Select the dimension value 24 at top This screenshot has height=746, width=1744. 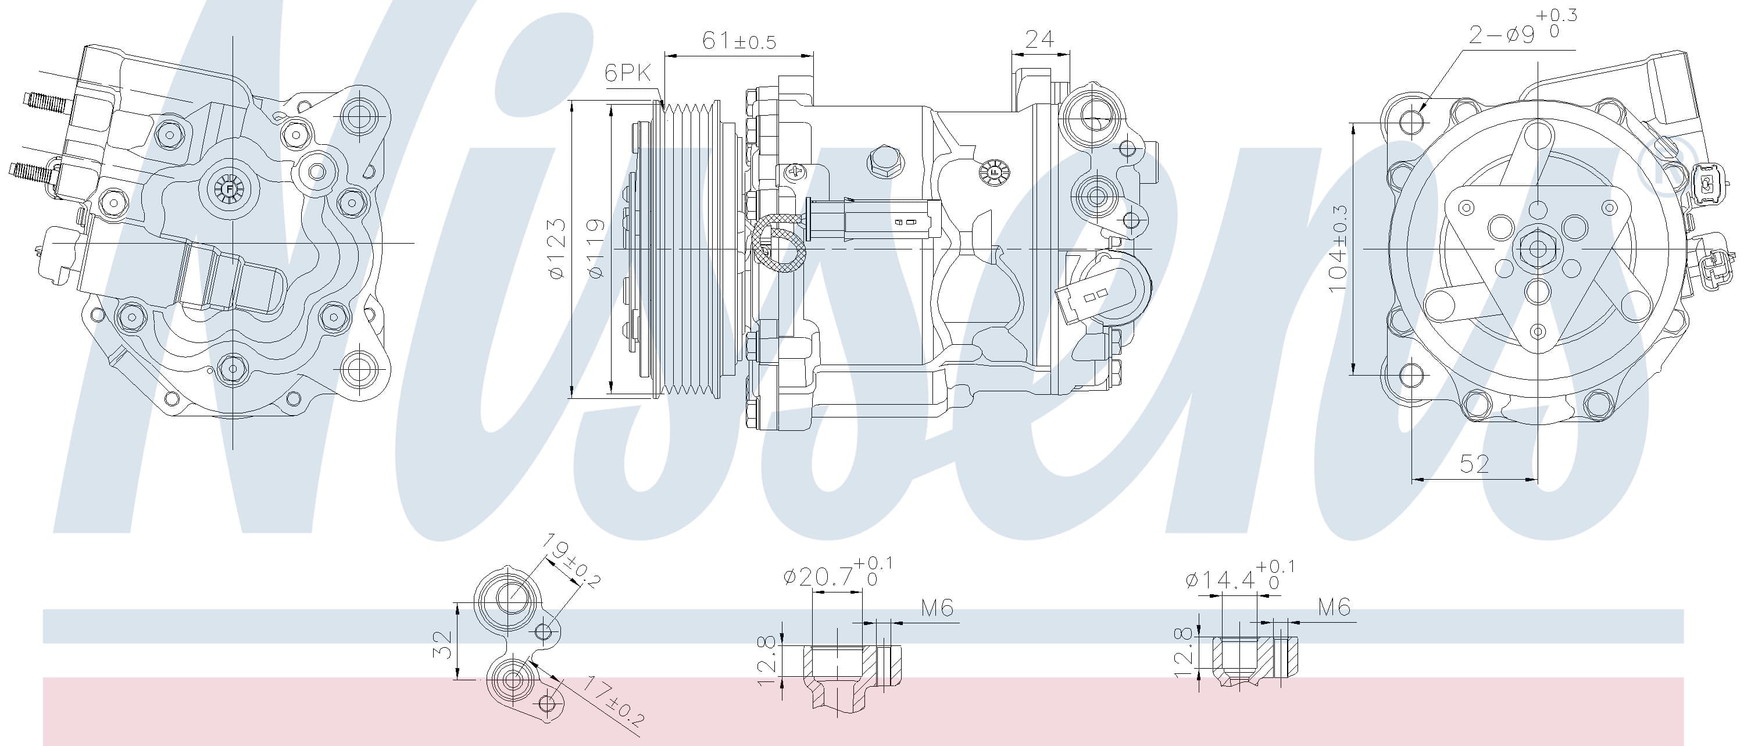tap(1039, 40)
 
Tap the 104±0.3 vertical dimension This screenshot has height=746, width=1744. tap(1338, 249)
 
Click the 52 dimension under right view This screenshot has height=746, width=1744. tap(1474, 464)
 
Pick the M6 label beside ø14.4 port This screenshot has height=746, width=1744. tap(1334, 607)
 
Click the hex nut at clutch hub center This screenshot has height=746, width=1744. tap(1538, 249)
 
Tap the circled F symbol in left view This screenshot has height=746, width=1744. tap(230, 189)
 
